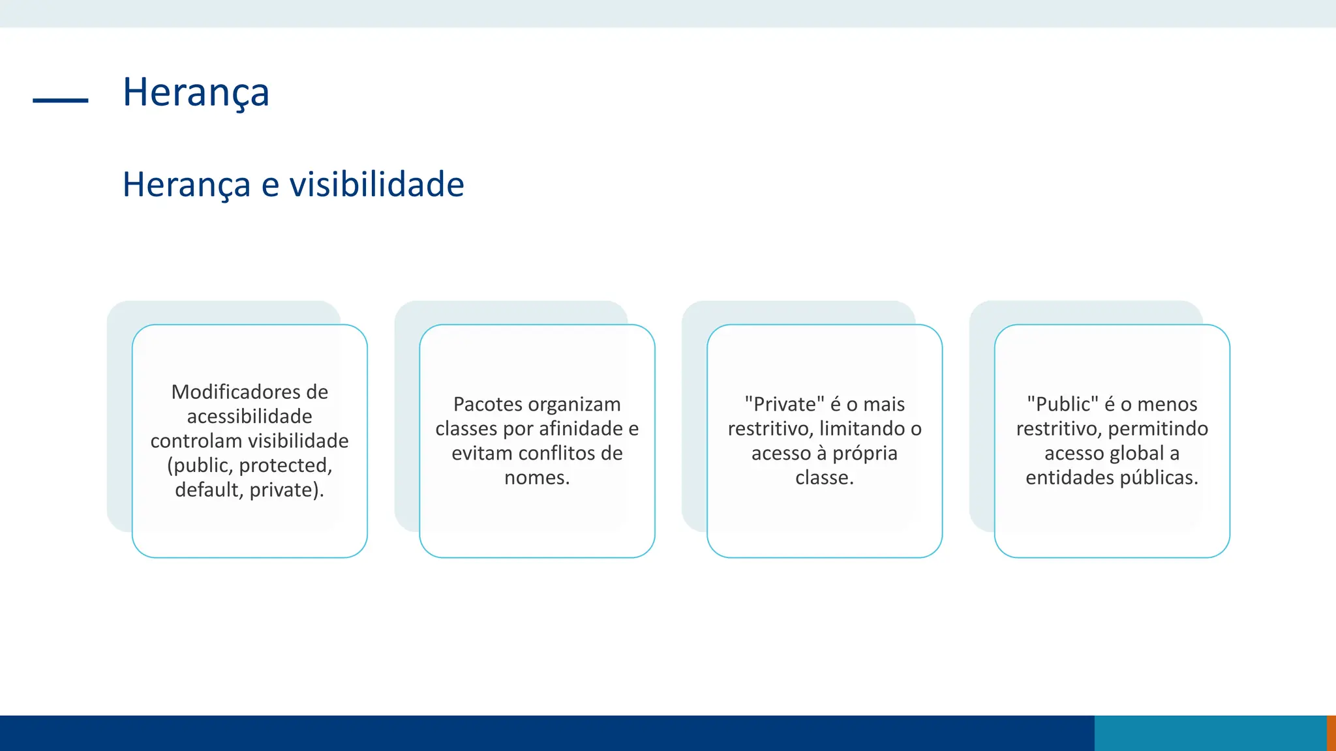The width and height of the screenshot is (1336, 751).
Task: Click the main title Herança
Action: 196,93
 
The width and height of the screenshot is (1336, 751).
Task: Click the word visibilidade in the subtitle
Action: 376,184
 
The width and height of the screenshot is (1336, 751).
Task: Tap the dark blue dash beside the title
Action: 60,100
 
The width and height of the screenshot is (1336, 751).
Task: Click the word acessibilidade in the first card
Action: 249,417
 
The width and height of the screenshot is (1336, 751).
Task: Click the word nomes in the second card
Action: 534,478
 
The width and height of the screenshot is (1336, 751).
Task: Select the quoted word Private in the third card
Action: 785,404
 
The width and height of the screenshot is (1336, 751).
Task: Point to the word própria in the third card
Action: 865,453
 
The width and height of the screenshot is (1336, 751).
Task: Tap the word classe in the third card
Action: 822,478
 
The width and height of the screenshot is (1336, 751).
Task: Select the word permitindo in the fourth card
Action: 1158,429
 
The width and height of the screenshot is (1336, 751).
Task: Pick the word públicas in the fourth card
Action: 1159,478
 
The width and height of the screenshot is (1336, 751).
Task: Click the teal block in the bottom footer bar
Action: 1210,733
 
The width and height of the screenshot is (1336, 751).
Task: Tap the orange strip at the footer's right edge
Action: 1331,733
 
